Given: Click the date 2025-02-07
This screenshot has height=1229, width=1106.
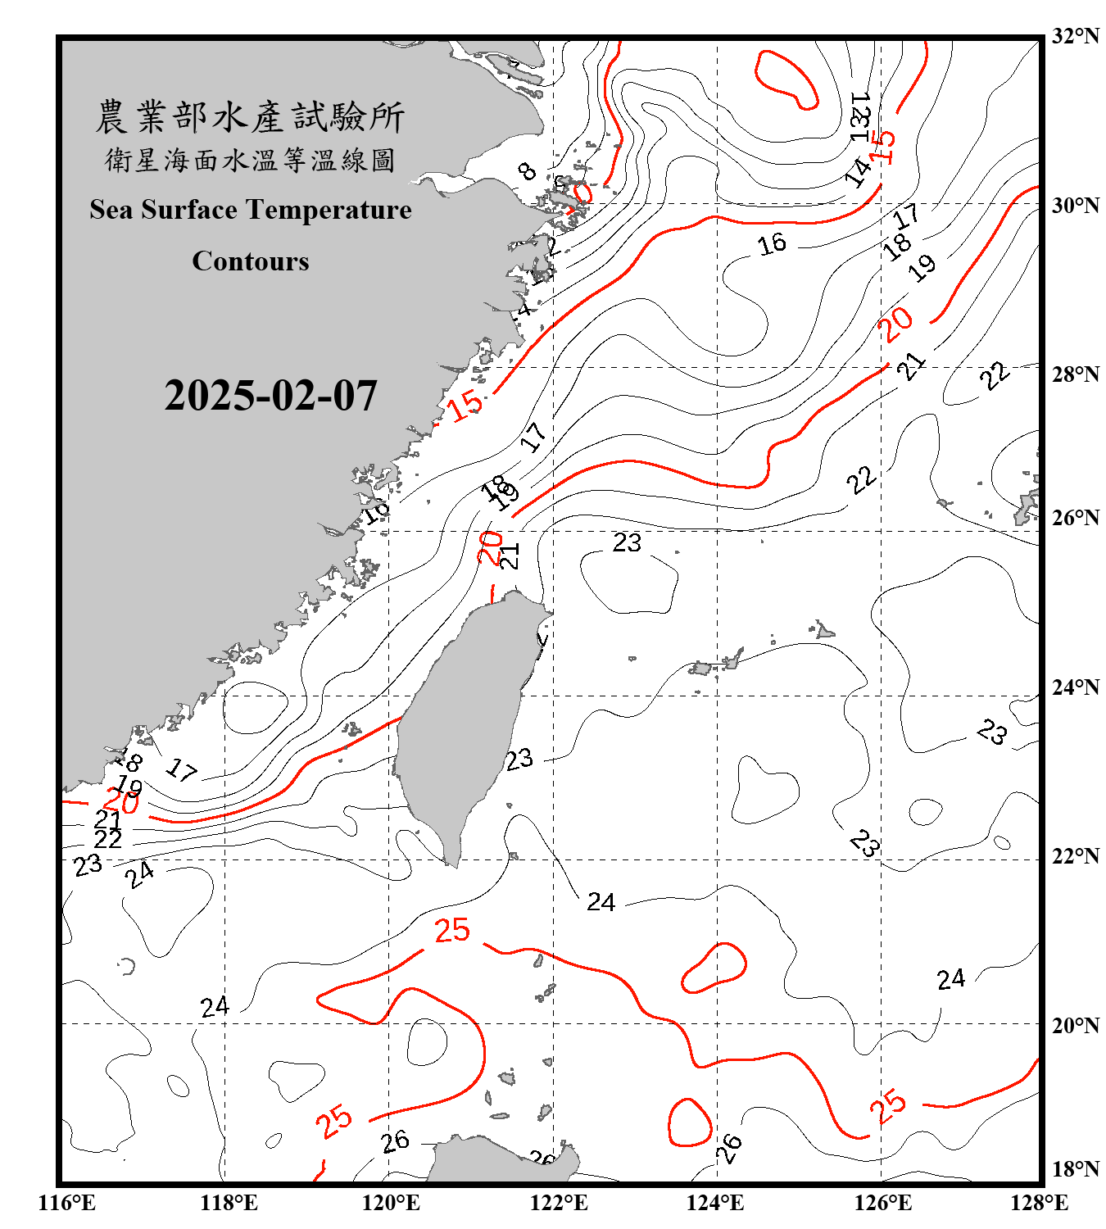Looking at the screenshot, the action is [270, 396].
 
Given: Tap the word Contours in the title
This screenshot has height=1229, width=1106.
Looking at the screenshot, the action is [251, 261].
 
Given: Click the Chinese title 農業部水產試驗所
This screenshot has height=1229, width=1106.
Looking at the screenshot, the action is [250, 117].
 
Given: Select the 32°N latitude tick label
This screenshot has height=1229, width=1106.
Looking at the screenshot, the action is [1075, 36].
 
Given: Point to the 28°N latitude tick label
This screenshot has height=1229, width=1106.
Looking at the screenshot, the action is [1075, 374].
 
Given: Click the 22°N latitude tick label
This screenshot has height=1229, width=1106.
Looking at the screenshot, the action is [1075, 856].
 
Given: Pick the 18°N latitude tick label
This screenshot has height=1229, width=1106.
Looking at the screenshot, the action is [1075, 1169].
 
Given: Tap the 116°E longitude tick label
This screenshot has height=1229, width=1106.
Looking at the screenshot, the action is [67, 1203].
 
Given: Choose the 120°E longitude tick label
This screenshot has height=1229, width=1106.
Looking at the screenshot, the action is [391, 1203].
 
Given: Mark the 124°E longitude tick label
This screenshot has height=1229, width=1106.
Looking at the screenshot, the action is [715, 1203].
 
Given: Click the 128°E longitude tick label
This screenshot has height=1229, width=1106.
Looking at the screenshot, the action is [1039, 1203].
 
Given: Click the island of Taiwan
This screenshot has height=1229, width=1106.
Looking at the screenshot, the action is [463, 721].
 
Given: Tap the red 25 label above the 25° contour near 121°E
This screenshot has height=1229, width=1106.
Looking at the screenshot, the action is [452, 931].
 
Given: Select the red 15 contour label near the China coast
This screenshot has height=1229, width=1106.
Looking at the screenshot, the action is [465, 404].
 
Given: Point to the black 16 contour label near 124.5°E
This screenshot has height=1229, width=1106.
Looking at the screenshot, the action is [772, 243].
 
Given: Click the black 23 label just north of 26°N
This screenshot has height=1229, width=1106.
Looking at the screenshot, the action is [627, 542].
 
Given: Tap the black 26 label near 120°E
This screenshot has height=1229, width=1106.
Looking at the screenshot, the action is [396, 1141].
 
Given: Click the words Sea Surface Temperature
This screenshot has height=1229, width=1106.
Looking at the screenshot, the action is [251, 210].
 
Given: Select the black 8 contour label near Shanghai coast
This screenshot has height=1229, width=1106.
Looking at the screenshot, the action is [528, 171].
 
